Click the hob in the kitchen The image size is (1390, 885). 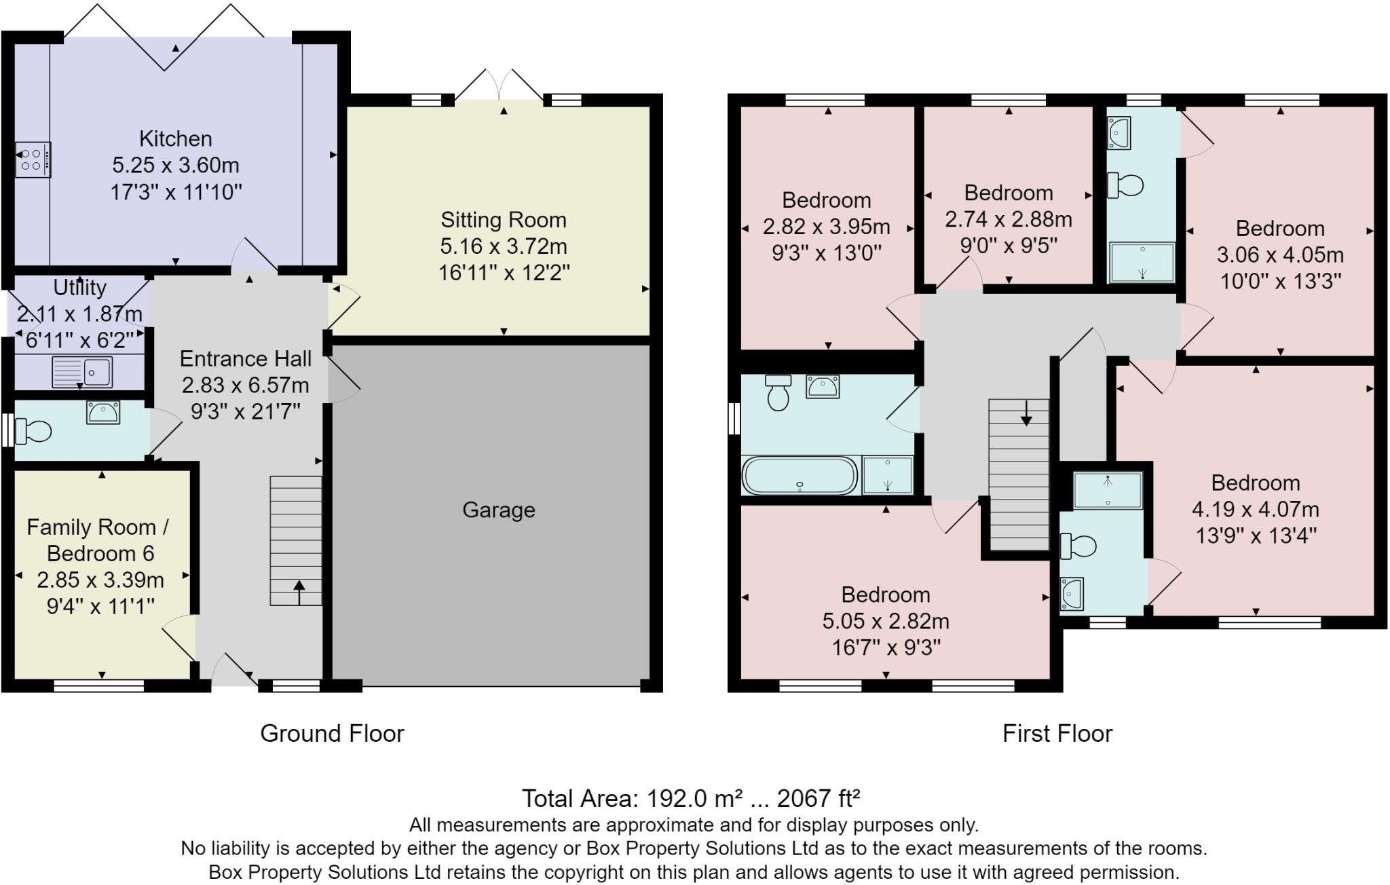tap(33, 159)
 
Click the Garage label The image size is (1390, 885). tap(498, 510)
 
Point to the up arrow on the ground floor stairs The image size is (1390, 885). tap(299, 591)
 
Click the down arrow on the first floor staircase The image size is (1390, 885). tap(1026, 413)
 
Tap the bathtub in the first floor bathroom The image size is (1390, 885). tap(800, 475)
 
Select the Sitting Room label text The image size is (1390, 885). tap(503, 220)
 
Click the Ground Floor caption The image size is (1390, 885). tap(332, 734)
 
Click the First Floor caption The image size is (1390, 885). tap(1057, 734)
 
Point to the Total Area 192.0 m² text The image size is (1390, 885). tap(690, 798)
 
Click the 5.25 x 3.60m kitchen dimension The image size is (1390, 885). tap(175, 166)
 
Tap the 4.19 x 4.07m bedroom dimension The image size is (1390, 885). tap(1255, 509)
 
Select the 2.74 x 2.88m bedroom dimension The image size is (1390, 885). tap(1008, 219)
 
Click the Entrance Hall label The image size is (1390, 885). tap(246, 358)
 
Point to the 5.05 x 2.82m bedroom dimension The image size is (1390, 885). tap(885, 621)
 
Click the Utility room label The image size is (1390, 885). tap(79, 288)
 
